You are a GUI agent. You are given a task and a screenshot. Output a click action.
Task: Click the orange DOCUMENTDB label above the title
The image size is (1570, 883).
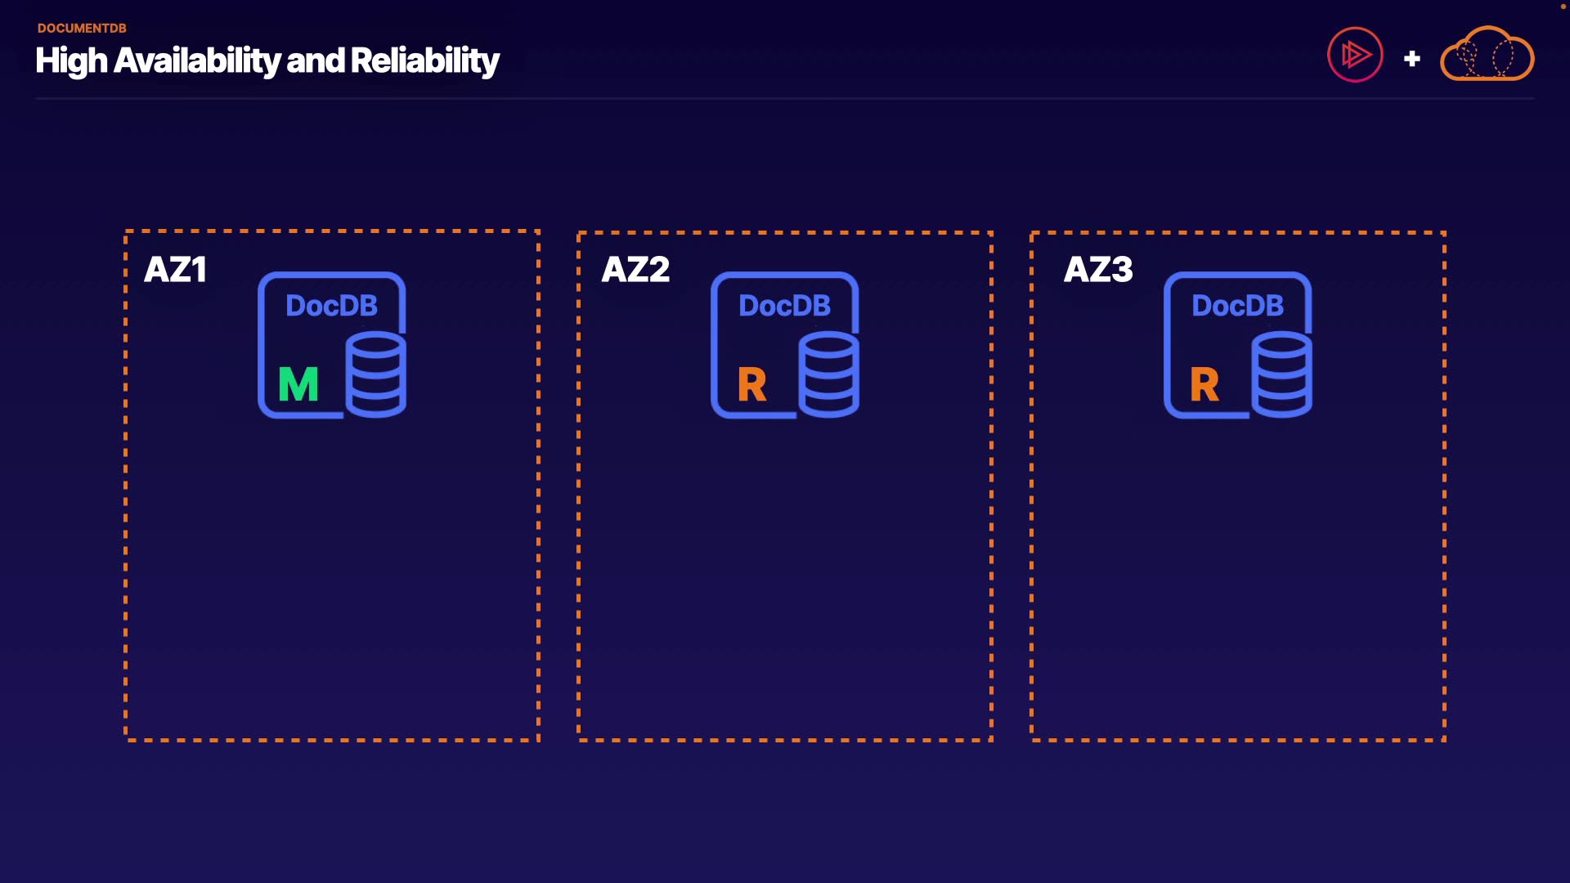tap(82, 28)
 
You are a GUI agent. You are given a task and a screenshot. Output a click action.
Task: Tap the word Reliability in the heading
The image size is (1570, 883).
tap(424, 61)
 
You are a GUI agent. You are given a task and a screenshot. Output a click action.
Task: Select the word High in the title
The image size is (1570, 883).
tap(71, 61)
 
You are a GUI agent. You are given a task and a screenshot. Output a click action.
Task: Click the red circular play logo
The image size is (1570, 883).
tap(1355, 55)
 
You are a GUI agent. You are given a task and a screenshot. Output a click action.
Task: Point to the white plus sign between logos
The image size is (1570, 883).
tap(1411, 59)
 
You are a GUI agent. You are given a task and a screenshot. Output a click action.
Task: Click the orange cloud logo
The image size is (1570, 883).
tap(1487, 55)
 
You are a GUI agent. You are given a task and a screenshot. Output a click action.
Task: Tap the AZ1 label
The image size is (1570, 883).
tap(175, 270)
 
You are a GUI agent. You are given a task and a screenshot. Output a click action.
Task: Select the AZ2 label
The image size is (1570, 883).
tap(635, 270)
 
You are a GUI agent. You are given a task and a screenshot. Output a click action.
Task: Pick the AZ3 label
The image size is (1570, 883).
tap(1098, 270)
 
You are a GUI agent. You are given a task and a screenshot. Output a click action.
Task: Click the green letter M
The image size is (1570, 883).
tap(298, 384)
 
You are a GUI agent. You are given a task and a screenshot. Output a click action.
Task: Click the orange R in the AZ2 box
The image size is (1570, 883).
tap(751, 384)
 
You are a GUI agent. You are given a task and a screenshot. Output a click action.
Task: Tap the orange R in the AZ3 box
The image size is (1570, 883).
tap(1204, 384)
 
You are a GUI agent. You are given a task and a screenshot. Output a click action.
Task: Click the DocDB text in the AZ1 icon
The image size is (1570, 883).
tap(331, 306)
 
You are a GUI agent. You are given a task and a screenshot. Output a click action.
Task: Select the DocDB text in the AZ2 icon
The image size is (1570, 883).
tap(784, 306)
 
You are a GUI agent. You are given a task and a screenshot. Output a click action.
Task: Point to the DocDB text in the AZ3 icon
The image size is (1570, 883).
tap(1237, 306)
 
